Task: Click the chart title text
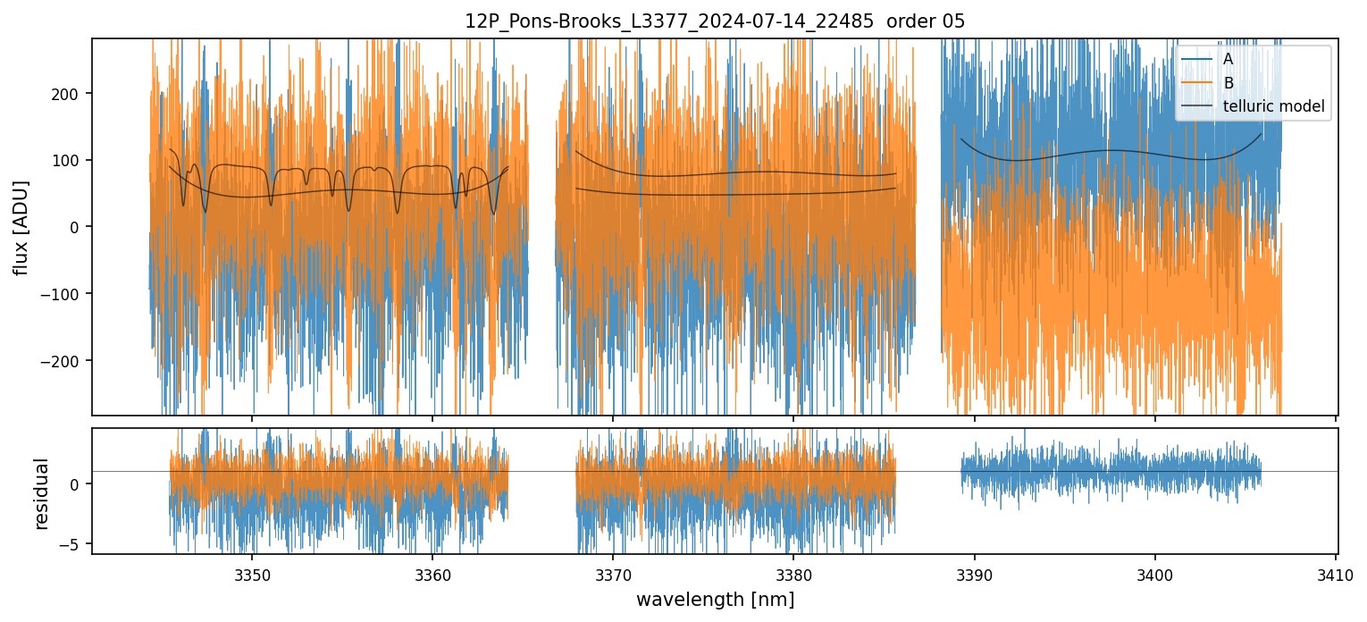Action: tap(715, 21)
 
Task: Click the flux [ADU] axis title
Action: tap(21, 227)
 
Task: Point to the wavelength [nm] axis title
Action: tap(715, 600)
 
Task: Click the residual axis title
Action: tap(41, 492)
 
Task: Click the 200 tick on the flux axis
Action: tap(71, 94)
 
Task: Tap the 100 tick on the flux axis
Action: tap(71, 161)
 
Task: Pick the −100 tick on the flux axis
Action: tap(67, 294)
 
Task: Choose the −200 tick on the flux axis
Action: tap(67, 361)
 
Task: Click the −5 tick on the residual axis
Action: tap(74, 543)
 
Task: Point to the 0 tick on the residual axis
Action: tap(79, 484)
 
